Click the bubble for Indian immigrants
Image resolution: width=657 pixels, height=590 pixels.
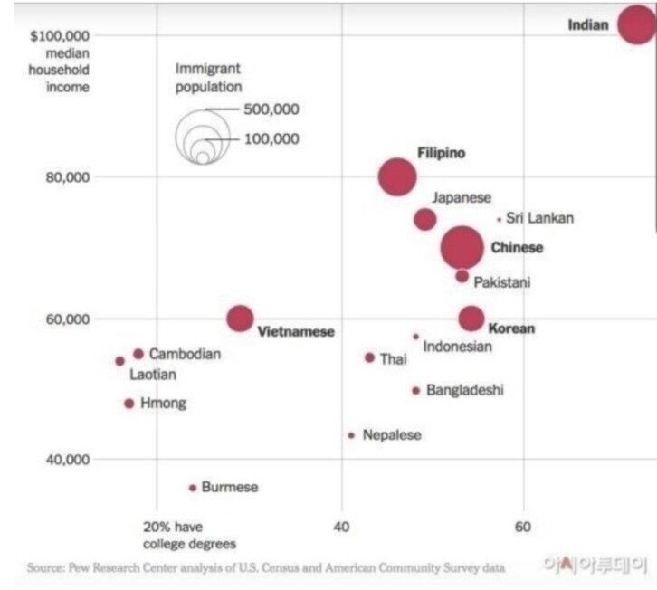pos(636,24)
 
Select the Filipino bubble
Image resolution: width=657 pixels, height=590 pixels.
pos(397,176)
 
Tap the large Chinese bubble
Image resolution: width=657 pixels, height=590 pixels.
pos(462,247)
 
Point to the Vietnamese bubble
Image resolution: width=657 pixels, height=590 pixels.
pos(240,318)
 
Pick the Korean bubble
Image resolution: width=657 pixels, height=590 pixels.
pos(471,318)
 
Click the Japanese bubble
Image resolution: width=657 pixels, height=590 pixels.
pos(425,219)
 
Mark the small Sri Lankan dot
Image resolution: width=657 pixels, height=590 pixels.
pos(499,219)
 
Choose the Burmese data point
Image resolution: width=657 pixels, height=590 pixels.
pos(193,488)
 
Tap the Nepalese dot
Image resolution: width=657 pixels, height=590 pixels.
pos(351,435)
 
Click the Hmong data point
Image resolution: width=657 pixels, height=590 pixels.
pos(129,404)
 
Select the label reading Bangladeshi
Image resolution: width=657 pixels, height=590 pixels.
pos(464,390)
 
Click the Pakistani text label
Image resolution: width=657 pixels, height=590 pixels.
pos(502,282)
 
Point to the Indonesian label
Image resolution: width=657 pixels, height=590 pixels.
pos(458,347)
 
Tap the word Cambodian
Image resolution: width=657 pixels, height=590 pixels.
pos(185,354)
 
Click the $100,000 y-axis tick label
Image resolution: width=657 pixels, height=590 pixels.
pos(60,35)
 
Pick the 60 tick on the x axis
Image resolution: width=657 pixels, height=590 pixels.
pos(522,527)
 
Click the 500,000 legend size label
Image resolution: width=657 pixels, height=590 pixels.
pos(271,110)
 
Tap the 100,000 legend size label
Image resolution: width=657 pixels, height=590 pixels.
pos(271,139)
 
